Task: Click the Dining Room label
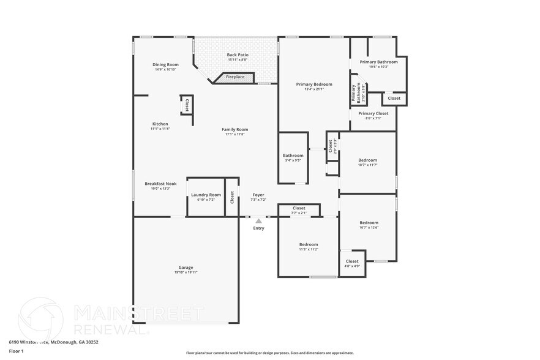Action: [x=165, y=65]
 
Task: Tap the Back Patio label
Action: [x=238, y=55]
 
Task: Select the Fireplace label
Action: [x=235, y=77]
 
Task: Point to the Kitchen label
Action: [x=160, y=124]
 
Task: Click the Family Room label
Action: [x=234, y=130]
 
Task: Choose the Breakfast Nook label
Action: [x=160, y=184]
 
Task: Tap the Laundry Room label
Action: [x=206, y=195]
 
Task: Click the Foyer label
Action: [x=258, y=195]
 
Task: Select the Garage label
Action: [x=186, y=268]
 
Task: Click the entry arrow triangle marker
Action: [x=259, y=221]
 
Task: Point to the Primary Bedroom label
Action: [x=314, y=84]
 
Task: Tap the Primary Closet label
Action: [x=373, y=113]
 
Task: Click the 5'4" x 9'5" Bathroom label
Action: [x=293, y=156]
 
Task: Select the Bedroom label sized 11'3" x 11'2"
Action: [x=309, y=245]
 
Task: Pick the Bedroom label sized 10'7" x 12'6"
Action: [x=369, y=223]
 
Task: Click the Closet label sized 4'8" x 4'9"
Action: [x=352, y=261]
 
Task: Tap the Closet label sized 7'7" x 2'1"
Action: [x=299, y=208]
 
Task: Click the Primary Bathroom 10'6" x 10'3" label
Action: [x=378, y=62]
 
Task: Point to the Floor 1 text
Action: [x=16, y=351]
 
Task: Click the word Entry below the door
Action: [x=259, y=228]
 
